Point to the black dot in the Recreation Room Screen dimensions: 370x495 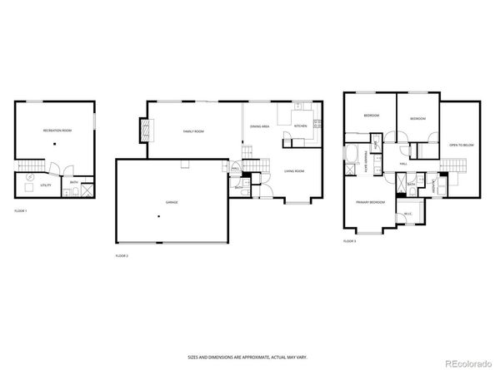coord(54,143)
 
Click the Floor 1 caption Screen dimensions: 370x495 coord(21,212)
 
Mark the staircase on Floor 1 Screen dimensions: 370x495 coord(31,164)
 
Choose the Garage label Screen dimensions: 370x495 coord(171,202)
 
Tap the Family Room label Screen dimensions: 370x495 coord(195,131)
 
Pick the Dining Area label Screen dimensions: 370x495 coord(259,126)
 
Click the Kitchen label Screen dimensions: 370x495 coord(300,126)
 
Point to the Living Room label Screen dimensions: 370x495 coord(294,170)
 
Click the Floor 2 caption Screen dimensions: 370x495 coord(122,255)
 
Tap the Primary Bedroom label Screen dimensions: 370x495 coord(370,202)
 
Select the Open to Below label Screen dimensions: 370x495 coord(461,145)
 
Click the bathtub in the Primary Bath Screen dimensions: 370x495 coord(351,155)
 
